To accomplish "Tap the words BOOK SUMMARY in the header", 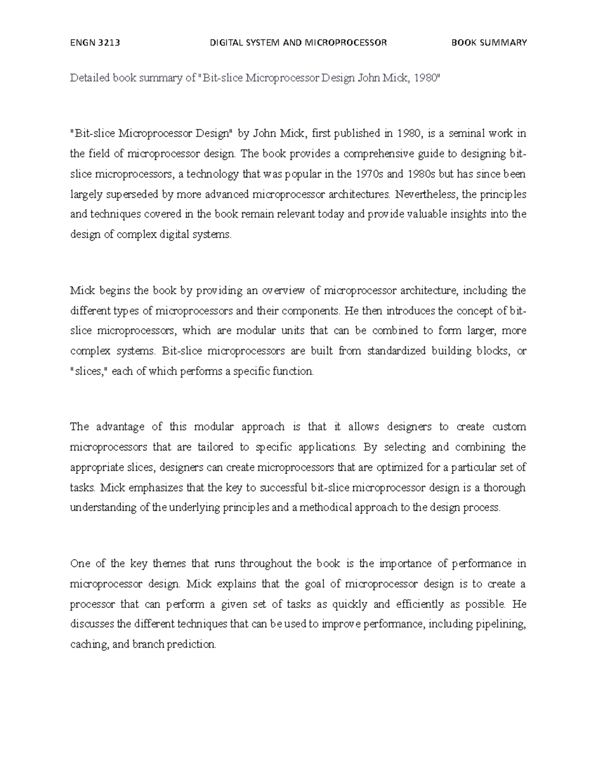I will [x=489, y=43].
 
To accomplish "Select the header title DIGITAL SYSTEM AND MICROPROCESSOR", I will [x=298, y=43].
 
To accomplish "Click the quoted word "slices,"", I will [x=89, y=371].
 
